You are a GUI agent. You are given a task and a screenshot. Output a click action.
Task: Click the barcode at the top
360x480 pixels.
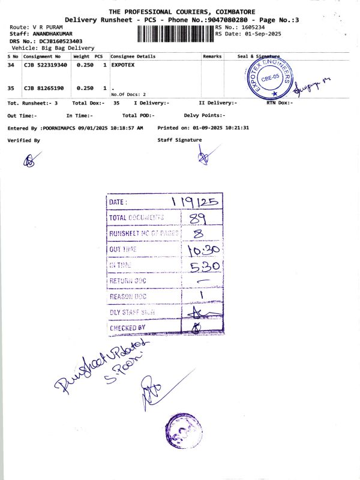click(175, 34)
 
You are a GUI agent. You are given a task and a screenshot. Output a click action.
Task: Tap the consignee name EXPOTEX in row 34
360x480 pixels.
click(122, 65)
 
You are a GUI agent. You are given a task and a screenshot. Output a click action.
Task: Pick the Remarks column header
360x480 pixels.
click(212, 56)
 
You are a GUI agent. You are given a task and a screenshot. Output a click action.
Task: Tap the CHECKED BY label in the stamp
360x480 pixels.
click(127, 328)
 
